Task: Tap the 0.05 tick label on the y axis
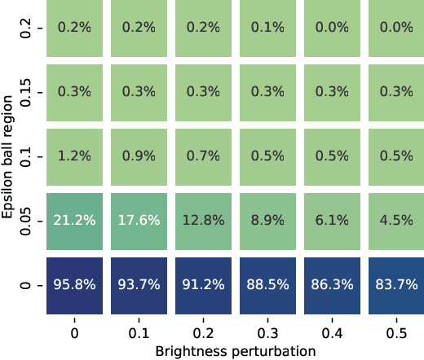pos(24,220)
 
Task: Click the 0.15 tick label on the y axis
pos(24,91)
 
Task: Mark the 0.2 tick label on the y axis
pos(24,27)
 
